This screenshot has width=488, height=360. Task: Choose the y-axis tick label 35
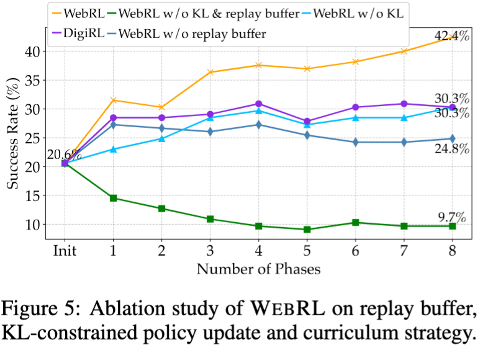[x=39, y=80]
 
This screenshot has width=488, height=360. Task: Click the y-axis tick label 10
[x=39, y=224]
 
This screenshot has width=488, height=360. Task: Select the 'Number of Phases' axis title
[x=258, y=269]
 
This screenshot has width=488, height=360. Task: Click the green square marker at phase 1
[x=113, y=198]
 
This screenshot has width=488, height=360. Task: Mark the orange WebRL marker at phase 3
[x=210, y=72]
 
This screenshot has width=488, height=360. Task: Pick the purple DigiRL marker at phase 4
[x=258, y=104]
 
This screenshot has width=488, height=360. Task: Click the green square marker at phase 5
[x=307, y=229]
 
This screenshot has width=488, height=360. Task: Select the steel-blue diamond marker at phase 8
[x=452, y=138]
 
